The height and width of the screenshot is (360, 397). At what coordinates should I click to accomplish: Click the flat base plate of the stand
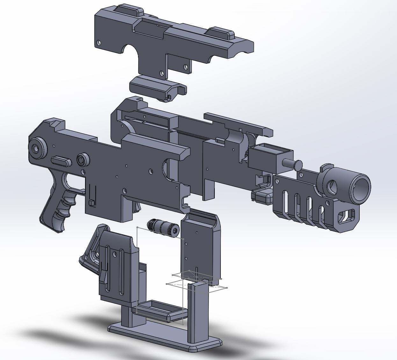(x=166, y=338)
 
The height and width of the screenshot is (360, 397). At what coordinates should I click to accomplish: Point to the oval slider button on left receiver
(x=61, y=161)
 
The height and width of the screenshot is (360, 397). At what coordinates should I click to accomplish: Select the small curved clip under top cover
(x=158, y=88)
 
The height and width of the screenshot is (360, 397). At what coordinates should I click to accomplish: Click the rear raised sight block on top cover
(x=126, y=10)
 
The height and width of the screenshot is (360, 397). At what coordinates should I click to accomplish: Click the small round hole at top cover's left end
(x=99, y=42)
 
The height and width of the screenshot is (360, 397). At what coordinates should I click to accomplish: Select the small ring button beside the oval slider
(x=83, y=159)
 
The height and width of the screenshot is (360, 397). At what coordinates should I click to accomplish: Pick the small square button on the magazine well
(x=91, y=202)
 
